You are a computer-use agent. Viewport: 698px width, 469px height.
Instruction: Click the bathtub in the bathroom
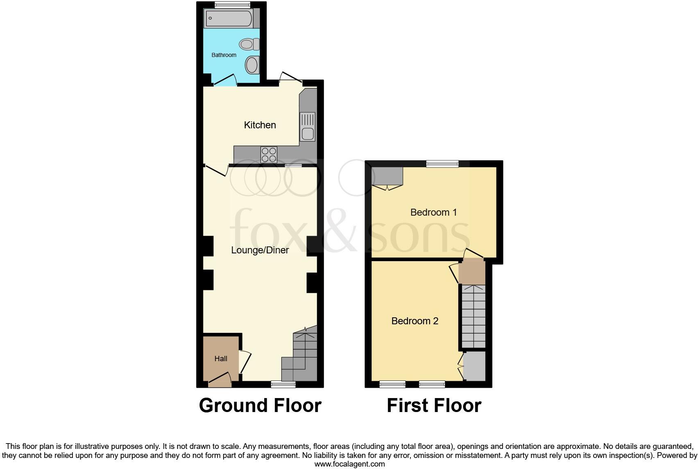click(229, 18)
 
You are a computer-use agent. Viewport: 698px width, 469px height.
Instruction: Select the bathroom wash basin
click(252, 65)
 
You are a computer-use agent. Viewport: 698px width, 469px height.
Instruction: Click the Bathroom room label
click(224, 55)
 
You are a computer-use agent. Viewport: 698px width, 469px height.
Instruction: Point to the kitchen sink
click(307, 127)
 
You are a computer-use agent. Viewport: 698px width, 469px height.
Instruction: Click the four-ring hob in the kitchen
click(269, 155)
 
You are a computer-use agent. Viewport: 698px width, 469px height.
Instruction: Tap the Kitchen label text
click(260, 125)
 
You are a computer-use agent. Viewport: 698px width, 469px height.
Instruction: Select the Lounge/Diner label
click(260, 250)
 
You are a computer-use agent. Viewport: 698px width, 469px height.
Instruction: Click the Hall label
click(221, 359)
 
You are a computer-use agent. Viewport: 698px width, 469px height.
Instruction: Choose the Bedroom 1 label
click(433, 212)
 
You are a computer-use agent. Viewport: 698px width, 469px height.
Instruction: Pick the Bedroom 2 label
click(415, 321)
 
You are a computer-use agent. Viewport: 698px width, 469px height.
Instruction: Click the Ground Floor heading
click(260, 405)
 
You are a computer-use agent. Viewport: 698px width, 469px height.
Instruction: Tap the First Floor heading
click(434, 405)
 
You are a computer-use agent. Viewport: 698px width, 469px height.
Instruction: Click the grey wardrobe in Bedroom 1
click(387, 176)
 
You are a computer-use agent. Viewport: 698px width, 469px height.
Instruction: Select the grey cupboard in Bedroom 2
click(475, 366)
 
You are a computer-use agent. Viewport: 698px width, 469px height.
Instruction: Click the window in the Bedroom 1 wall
click(442, 164)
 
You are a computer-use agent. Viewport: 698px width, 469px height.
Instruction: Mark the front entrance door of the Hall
click(220, 381)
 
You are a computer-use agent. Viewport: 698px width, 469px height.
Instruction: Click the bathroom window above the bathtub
click(232, 5)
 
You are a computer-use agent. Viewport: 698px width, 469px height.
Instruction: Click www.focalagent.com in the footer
click(349, 464)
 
